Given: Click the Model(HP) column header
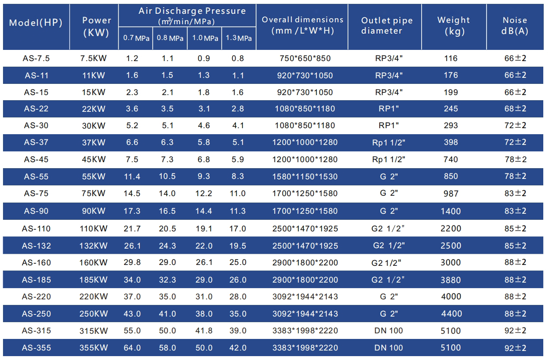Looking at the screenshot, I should (36, 23).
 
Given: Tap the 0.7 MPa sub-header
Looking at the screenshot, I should (136, 38).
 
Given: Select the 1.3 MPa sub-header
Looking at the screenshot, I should (239, 38).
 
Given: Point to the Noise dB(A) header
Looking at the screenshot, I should (515, 25).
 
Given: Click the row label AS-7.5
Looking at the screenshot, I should (36, 58).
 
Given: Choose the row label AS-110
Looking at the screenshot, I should (36, 229).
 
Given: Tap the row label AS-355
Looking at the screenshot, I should (36, 348).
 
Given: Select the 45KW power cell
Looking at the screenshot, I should (94, 159).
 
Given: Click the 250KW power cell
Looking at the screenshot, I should (94, 314).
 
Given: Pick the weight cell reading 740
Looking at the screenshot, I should (451, 159).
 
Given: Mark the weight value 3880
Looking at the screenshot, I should (451, 280).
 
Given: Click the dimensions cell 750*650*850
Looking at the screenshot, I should (303, 58).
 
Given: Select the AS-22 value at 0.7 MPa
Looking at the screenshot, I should (132, 109).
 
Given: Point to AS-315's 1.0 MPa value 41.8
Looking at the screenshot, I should (204, 331).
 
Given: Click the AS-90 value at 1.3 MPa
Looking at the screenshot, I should (238, 211).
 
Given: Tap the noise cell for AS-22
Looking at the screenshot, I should (515, 109).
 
